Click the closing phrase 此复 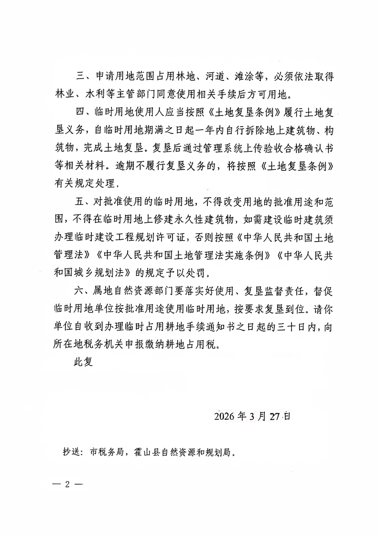pyautogui.click(x=81, y=362)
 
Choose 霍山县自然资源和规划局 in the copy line pyautogui.click(x=184, y=452)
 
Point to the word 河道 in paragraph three pyautogui.click(x=214, y=77)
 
